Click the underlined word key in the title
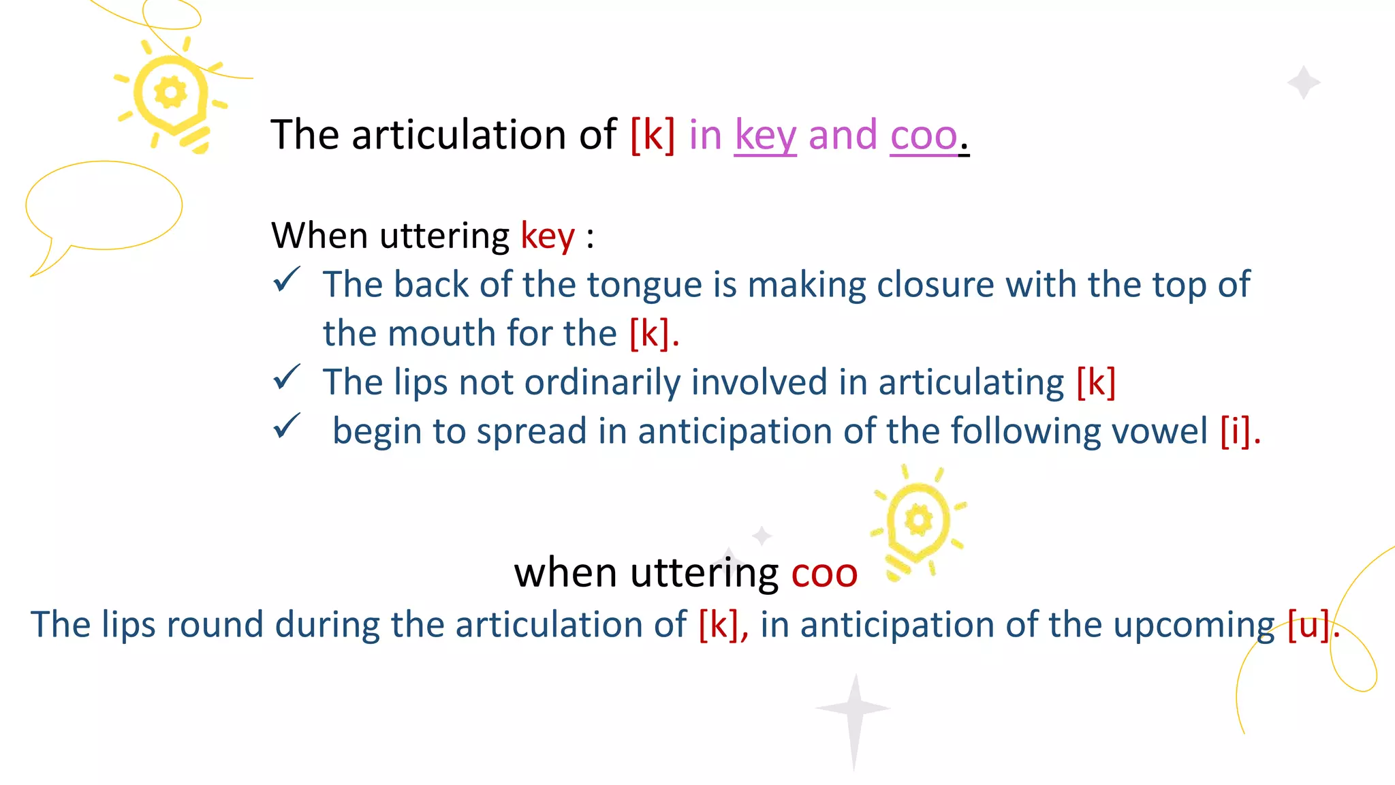(x=765, y=136)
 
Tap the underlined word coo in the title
(x=924, y=136)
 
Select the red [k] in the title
(x=653, y=134)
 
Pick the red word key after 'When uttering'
(x=548, y=236)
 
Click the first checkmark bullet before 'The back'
(x=287, y=279)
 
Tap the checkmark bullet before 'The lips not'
(x=287, y=377)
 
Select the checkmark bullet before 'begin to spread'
(x=287, y=427)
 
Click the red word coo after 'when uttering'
(x=824, y=573)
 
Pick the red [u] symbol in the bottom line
(x=1308, y=624)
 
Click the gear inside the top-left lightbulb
(x=170, y=93)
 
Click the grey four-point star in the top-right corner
(x=1304, y=82)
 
